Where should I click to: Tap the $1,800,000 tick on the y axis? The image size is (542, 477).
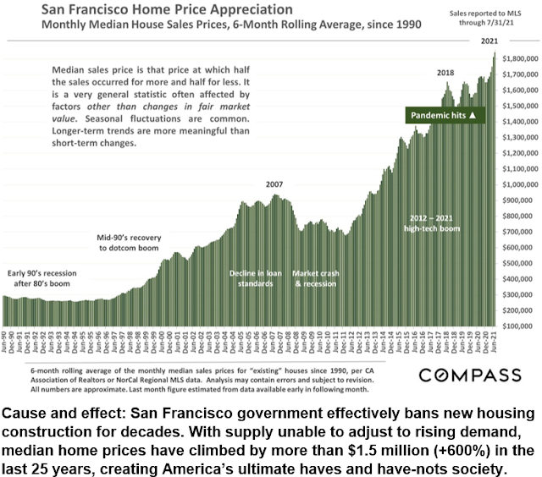[519, 58]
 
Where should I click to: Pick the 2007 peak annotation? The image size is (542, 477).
[274, 184]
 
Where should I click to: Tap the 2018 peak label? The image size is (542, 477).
[445, 73]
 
